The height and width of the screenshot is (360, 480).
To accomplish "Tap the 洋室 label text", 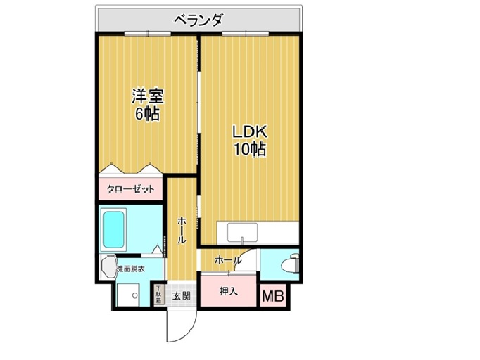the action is coord(149,96).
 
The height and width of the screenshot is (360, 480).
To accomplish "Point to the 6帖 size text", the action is coord(148,114).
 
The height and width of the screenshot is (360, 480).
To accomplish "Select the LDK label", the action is coord(250,132).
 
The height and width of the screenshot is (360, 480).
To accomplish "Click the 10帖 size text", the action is coord(250,149).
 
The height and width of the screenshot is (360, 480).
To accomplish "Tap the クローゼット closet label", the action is coord(130,190).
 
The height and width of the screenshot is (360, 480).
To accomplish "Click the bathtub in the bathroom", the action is coord(113,229).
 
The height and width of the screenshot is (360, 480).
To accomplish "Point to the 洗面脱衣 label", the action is coord(132,269).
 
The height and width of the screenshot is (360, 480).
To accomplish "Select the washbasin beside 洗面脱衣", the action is coord(108,267).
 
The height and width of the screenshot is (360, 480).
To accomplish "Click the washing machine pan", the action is coord(128,295).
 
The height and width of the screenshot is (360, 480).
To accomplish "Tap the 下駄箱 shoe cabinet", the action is coord(158,295).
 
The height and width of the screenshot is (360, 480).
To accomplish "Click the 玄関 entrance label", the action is coord(181,296).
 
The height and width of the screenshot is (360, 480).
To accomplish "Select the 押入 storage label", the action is coord(229,292).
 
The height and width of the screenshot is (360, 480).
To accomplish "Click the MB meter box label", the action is coord(273,296).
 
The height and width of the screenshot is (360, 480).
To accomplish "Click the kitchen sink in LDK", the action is coord(242,233).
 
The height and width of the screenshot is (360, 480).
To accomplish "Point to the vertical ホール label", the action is coord(182,231).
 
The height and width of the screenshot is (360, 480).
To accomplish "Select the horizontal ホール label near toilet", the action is coord(228,261).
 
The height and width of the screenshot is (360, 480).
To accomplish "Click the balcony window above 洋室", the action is coord(148,33).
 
